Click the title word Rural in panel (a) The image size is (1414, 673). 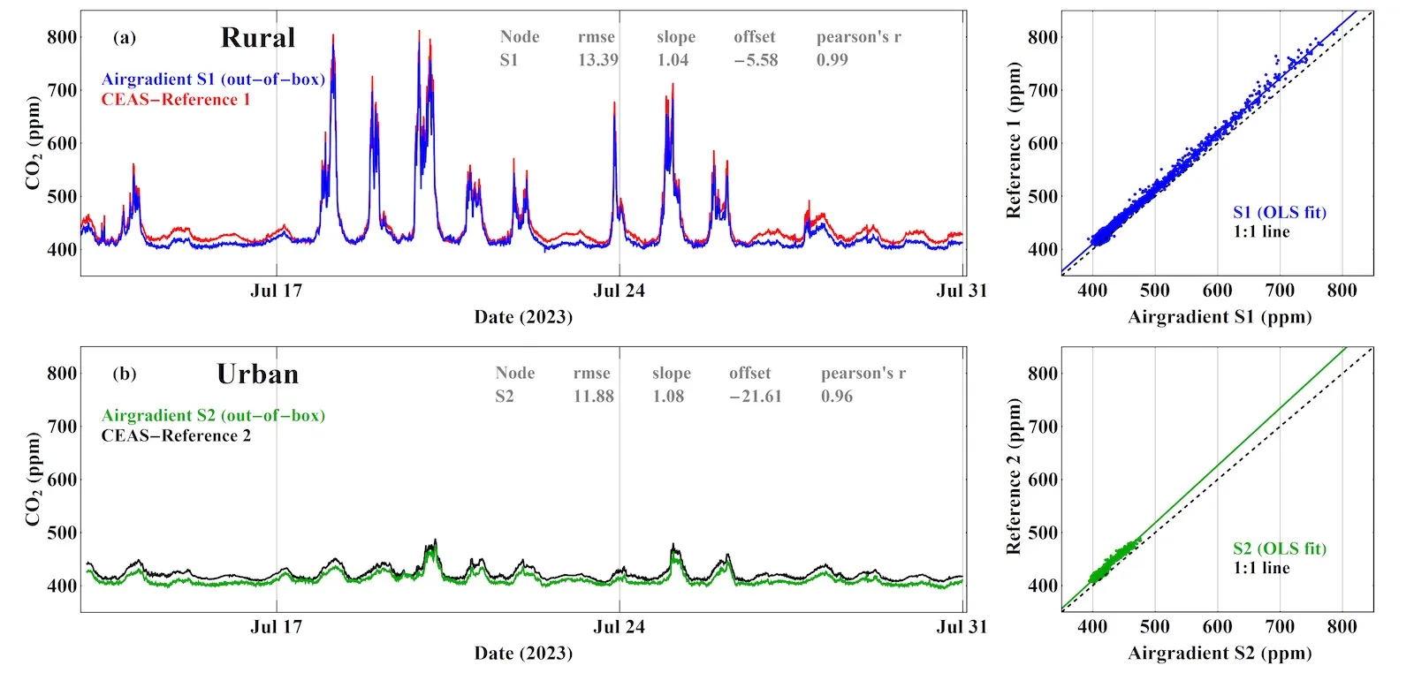[257, 38]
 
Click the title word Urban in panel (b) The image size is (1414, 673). [257, 374]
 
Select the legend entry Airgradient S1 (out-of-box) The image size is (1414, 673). [213, 79]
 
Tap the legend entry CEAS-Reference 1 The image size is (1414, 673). [175, 100]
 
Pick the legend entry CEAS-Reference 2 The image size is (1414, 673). [175, 435]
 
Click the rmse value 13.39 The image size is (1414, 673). [597, 60]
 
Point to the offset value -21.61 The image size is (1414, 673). [756, 397]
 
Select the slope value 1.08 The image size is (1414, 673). [668, 397]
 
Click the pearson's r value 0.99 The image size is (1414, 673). [832, 60]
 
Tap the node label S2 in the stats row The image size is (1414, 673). [504, 397]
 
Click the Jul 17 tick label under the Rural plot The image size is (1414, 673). [276, 291]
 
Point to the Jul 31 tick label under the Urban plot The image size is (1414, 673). [961, 627]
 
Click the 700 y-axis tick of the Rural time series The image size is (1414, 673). [62, 90]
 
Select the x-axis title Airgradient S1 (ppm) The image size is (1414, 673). [1219, 317]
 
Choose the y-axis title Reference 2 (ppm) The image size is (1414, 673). [1014, 477]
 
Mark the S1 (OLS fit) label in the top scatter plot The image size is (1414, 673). [1279, 212]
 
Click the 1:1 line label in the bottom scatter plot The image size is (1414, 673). [1261, 568]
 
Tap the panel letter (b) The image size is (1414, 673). [125, 374]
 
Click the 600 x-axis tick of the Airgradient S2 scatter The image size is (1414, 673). [1217, 627]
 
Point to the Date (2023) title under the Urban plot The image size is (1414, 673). [523, 654]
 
